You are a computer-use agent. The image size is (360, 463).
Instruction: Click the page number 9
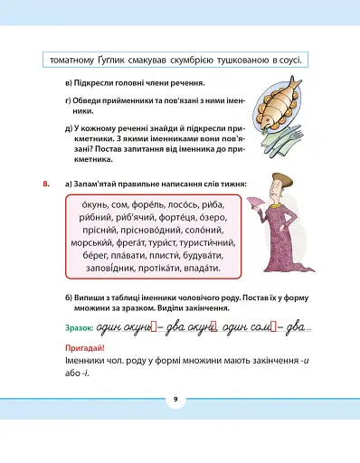(176, 399)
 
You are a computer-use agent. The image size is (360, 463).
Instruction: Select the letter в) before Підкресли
(70, 82)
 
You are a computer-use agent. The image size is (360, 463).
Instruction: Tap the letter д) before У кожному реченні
(70, 129)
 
